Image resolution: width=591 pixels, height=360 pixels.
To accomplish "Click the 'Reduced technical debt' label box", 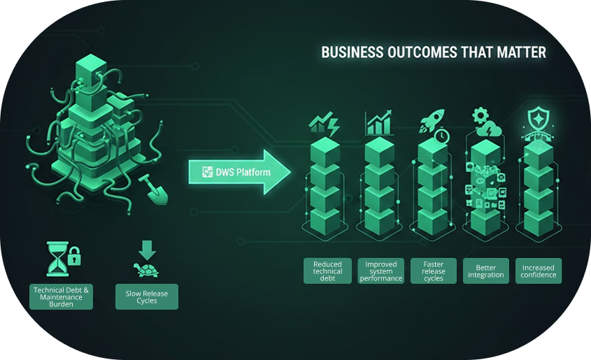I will tap(327, 271).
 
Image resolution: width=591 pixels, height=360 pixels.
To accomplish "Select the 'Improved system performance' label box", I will tap(381, 271).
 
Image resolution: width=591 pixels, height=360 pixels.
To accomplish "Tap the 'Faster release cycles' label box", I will tap(434, 271).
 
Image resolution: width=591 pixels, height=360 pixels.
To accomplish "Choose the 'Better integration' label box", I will tap(486, 271).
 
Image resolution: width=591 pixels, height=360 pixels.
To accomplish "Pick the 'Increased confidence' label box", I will tap(539, 271).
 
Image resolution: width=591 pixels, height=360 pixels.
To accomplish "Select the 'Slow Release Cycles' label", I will tap(147, 296).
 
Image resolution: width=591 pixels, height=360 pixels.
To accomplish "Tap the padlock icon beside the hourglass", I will tap(75, 257).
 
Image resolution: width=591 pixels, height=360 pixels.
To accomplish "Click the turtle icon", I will tap(147, 269).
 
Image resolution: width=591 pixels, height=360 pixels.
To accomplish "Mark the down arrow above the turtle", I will tap(147, 250).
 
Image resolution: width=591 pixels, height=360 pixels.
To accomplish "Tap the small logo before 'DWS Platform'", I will tap(207, 172).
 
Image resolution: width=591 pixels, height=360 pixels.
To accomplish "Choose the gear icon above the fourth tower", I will tap(480, 114).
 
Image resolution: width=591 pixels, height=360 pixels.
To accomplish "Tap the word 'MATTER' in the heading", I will tap(522, 52).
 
